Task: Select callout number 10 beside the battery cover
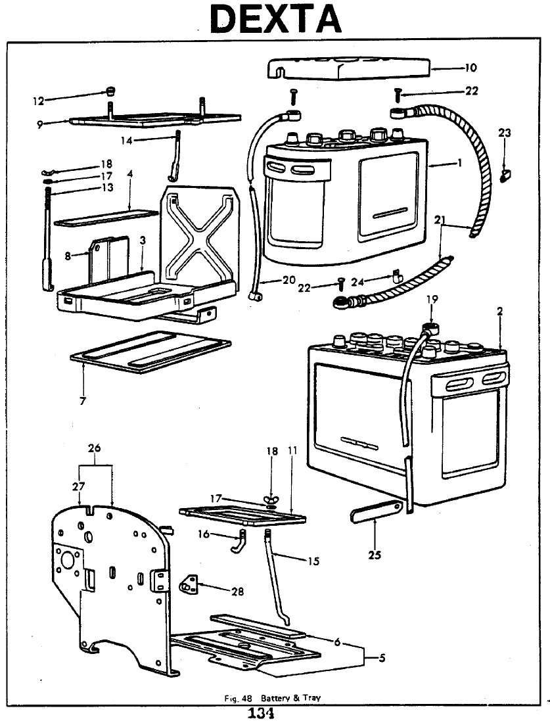pyautogui.click(x=470, y=67)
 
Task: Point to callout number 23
pyautogui.click(x=504, y=133)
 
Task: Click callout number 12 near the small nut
pyautogui.click(x=39, y=101)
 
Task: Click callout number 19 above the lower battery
pyautogui.click(x=430, y=299)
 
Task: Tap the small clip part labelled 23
pyautogui.click(x=505, y=175)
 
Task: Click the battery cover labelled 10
pyautogui.click(x=348, y=67)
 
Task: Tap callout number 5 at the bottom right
pyautogui.click(x=381, y=659)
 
